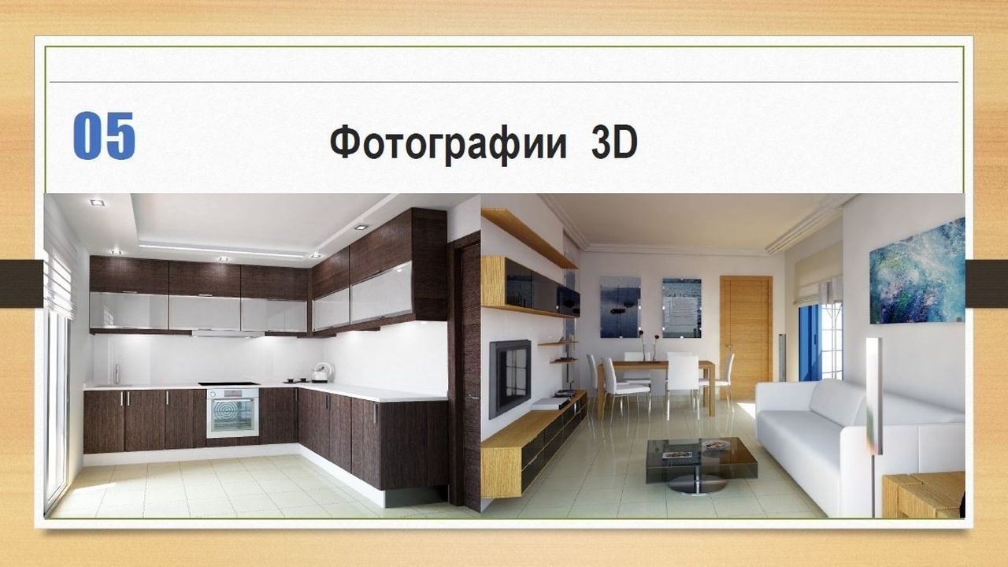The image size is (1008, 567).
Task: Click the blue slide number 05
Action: [x=104, y=135]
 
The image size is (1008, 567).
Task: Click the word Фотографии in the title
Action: [x=448, y=143]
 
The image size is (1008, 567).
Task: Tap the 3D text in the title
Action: [x=614, y=142]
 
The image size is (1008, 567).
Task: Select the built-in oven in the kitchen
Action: [x=232, y=413]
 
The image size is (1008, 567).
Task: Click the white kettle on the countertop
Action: [x=322, y=372]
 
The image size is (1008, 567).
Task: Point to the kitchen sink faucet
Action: [x=117, y=374]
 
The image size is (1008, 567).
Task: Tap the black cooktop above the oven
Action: [x=228, y=384]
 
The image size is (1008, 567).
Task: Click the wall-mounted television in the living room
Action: [x=510, y=377]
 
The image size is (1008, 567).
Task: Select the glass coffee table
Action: [x=701, y=464]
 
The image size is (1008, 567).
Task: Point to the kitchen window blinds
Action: [x=59, y=283]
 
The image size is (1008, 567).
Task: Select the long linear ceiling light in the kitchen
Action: [x=222, y=250]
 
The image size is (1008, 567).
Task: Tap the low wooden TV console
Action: [x=533, y=443]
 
